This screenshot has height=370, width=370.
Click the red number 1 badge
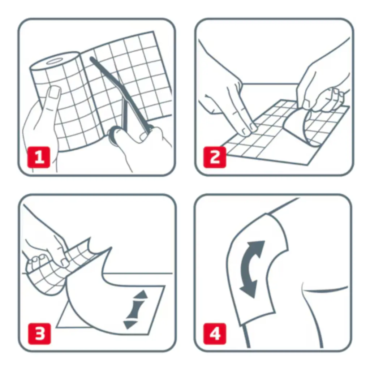click(39, 158)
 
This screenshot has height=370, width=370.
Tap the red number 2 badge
click(215, 158)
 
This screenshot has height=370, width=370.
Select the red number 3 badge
click(39, 334)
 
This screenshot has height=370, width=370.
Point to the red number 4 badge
click(215, 334)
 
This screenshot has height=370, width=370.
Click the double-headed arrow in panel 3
click(135, 309)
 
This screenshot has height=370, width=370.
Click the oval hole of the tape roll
click(53, 61)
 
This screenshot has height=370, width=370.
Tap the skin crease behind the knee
click(326, 289)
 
